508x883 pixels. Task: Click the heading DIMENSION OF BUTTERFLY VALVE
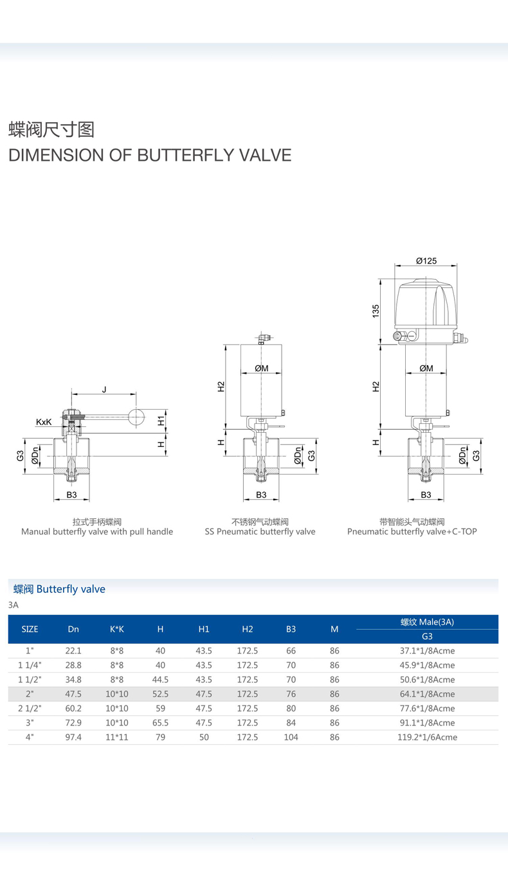(149, 155)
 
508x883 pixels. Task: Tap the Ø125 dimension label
(426, 260)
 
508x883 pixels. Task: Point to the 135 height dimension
(376, 310)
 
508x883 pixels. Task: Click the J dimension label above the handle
(104, 389)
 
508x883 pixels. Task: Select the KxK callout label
(44, 422)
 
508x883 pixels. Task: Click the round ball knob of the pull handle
(136, 417)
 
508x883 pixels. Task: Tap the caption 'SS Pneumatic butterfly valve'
(260, 532)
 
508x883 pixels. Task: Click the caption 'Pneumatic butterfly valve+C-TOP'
(412, 532)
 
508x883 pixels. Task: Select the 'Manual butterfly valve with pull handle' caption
(97, 532)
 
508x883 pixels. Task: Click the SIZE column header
(30, 629)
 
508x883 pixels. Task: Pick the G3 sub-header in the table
(427, 636)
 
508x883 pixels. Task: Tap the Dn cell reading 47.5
(73, 694)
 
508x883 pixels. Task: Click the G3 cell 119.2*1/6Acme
(427, 737)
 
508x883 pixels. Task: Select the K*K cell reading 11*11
(116, 737)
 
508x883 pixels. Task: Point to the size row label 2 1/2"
(30, 708)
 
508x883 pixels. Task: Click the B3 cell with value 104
(291, 737)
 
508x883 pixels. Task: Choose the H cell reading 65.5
(160, 723)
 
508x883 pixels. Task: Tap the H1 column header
(204, 629)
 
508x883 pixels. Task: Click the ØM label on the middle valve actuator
(261, 369)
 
